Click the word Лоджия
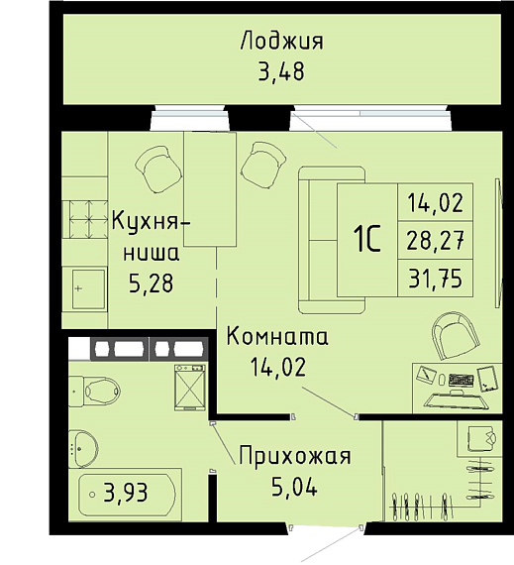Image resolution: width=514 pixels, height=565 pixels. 282,42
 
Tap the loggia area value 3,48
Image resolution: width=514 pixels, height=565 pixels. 281,71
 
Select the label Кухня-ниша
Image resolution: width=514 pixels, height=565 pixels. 151,236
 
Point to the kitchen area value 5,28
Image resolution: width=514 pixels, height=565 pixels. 152,283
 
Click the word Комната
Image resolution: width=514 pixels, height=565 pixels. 277,337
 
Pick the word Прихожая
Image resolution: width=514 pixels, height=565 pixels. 295,456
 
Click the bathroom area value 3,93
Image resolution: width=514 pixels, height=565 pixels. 126,493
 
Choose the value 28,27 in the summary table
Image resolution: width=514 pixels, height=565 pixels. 435,240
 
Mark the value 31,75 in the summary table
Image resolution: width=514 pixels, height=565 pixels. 435,279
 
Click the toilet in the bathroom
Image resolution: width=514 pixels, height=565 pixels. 94,391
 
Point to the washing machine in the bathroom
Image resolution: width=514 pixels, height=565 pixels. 190,388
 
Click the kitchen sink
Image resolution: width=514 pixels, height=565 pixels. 88,289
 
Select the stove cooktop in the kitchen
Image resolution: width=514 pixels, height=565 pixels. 85,219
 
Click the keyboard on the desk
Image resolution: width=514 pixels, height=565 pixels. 461,380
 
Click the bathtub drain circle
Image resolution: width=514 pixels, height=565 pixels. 92,494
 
